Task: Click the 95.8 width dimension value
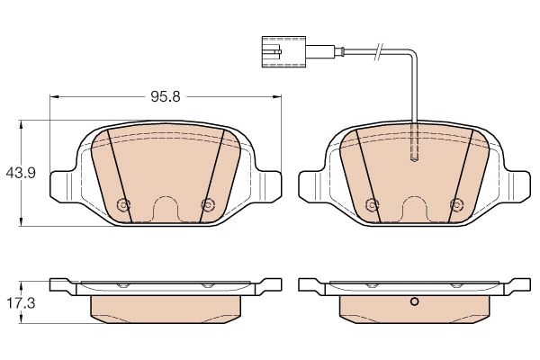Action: click(166, 97)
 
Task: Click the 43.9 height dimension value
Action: click(21, 173)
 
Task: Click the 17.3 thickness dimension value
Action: click(21, 303)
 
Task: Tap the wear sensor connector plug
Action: click(283, 51)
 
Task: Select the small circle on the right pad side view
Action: click(414, 301)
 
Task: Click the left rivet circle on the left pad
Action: click(123, 205)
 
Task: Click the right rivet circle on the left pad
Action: click(208, 205)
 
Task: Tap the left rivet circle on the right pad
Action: click(372, 205)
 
